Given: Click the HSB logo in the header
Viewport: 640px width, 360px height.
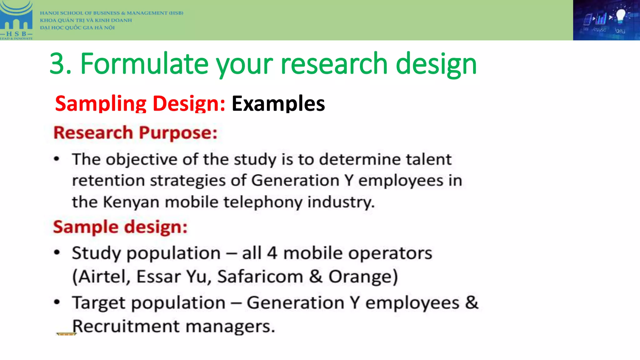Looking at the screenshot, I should [16, 20].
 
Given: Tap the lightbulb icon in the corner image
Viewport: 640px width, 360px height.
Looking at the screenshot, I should [620, 16].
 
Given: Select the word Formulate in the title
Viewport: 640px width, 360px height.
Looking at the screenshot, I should [144, 64].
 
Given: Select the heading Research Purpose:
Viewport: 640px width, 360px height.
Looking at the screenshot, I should [135, 133].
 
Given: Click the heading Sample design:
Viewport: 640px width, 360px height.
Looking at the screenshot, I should [120, 227].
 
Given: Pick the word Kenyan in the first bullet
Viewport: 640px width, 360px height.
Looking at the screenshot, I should [131, 202].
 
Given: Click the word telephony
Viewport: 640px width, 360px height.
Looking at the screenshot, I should [263, 202].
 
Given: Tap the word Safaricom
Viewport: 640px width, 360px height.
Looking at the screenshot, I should [260, 277].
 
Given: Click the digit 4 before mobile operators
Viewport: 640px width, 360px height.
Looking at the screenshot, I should [272, 253].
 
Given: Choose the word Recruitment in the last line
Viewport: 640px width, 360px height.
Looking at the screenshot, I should [126, 326].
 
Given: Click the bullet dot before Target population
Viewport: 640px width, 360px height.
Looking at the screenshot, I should [57, 302].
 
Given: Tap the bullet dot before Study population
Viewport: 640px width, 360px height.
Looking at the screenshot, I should [57, 252].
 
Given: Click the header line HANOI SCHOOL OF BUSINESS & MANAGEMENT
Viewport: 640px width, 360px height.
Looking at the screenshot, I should [112, 13].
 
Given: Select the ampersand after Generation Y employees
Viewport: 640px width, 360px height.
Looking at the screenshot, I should [472, 302].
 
